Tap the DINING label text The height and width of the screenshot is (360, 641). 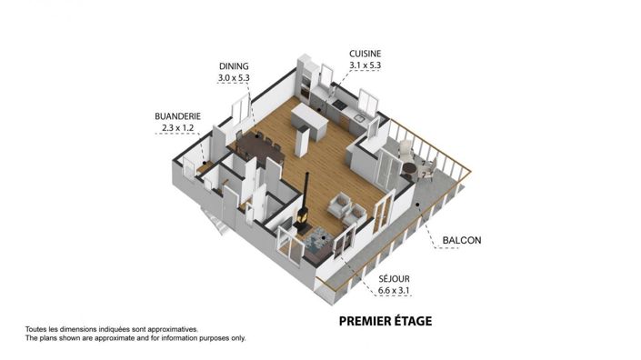point(234,67)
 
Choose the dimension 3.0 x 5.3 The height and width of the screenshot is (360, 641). point(234,79)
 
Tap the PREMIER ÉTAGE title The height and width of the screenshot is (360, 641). point(385,320)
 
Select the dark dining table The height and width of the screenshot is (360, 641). point(259,148)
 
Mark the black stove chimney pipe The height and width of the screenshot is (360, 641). point(307,191)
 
